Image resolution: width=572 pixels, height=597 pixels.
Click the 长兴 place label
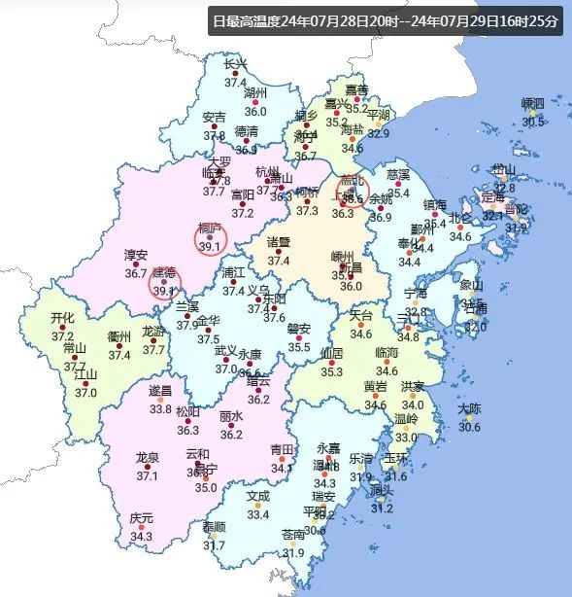point(236,64)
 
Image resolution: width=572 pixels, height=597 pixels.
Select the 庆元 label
point(142,518)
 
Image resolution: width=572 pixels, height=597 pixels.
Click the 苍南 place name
point(293,535)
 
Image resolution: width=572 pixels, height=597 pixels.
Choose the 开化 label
point(62,318)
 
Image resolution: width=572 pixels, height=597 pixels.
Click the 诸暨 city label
point(279,242)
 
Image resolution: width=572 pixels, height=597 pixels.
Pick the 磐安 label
point(299,329)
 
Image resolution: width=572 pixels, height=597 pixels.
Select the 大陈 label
point(469,408)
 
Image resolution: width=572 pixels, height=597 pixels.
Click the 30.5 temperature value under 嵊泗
point(533,122)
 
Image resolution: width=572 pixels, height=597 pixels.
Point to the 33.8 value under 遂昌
point(160,408)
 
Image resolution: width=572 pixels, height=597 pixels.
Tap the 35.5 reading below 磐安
point(299,347)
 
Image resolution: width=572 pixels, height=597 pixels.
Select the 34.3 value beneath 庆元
point(142,536)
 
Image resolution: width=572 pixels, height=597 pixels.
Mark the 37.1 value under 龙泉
point(148,475)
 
